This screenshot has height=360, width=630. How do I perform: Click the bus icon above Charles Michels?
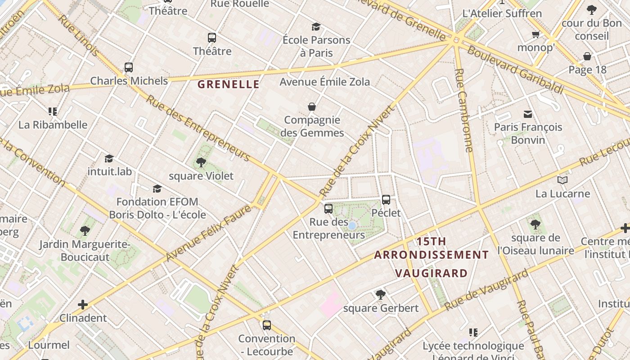coord(129,67)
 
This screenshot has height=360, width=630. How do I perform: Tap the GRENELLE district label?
coord(229,84)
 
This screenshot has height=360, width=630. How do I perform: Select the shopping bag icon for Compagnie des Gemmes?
coord(312,107)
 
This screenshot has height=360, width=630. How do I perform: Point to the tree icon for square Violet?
coord(201,162)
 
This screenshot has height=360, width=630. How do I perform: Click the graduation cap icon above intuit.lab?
coord(109,158)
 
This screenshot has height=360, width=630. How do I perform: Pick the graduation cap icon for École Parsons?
coord(316,27)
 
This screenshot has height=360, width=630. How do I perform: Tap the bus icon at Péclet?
coord(386,200)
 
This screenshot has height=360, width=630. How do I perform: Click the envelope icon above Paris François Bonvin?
coord(527,114)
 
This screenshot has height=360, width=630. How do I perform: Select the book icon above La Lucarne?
coord(562,180)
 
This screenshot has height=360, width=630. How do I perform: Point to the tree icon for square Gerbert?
coord(381,295)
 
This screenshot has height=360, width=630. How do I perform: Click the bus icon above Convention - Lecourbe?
coord(267,325)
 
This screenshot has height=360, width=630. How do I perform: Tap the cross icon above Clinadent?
coord(83,305)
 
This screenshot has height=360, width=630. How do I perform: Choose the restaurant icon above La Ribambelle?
coord(53,111)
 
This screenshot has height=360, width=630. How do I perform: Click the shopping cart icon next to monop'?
coord(535,34)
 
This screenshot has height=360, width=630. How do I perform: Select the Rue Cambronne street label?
coord(464,110)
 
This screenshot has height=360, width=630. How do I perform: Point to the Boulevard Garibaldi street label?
coord(515,70)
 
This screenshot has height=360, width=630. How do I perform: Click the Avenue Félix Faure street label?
coord(208,233)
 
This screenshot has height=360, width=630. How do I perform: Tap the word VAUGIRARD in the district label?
coord(431,273)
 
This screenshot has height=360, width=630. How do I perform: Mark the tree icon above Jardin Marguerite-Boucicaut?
coord(85,231)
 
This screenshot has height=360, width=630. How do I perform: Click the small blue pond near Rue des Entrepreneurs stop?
coord(352,225)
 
